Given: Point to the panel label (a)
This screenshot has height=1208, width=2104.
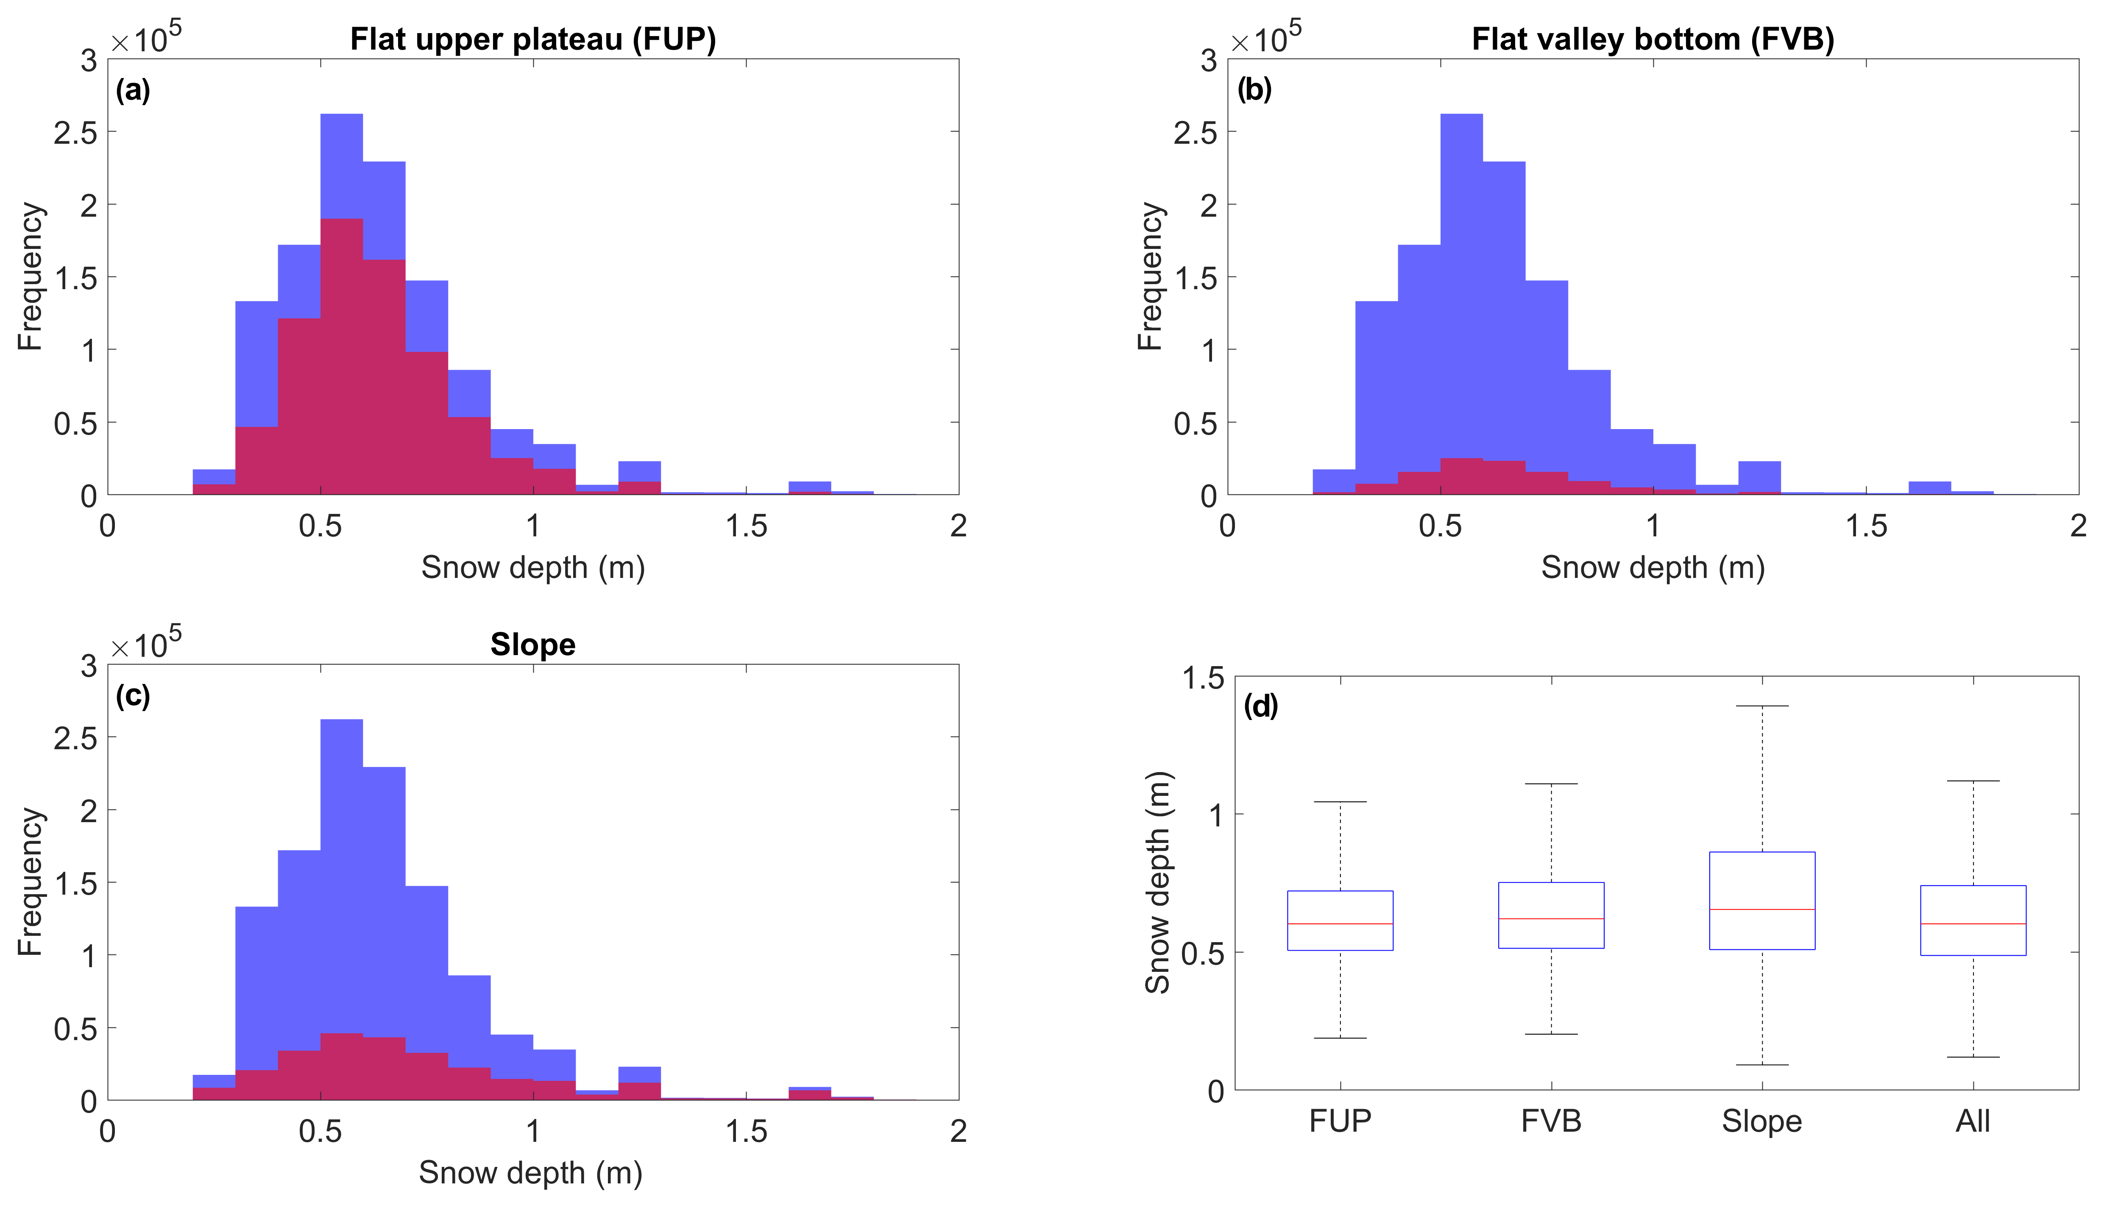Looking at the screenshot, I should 133,89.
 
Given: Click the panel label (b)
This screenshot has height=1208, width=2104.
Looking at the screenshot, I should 1254,89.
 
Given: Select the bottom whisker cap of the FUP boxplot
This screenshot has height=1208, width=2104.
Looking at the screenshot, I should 1340,1038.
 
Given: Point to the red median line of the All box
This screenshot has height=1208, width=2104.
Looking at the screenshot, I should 1973,923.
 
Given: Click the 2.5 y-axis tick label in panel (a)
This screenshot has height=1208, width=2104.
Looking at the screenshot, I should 75,133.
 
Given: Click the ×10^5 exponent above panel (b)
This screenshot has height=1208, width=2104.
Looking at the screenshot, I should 1265,37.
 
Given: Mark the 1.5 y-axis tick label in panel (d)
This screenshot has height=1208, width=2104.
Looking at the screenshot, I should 1203,679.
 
